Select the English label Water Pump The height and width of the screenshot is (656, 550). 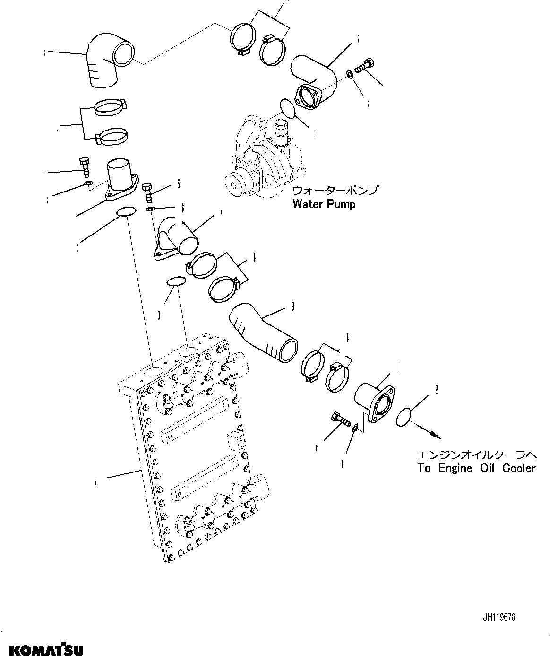[x=324, y=204]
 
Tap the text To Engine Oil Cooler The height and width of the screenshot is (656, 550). [x=476, y=468]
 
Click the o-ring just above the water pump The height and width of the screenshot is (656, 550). [x=287, y=108]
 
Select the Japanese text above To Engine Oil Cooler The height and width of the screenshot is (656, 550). [x=476, y=455]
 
